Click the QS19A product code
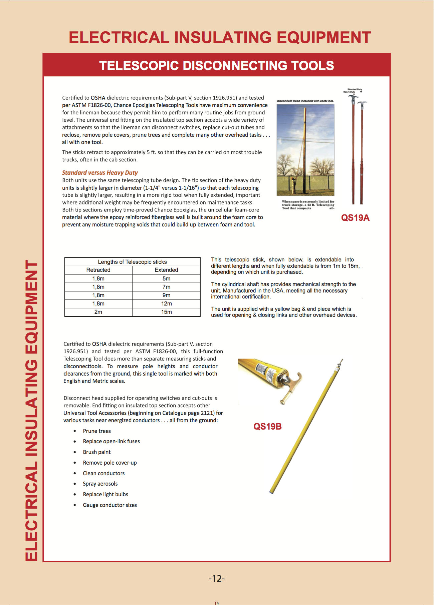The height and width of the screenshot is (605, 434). click(355, 218)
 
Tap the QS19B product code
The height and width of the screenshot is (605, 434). click(267, 427)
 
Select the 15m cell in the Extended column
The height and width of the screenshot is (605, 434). click(166, 312)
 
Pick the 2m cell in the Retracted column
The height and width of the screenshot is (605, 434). click(98, 312)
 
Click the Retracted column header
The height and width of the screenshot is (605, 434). click(98, 270)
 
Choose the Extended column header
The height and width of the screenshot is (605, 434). click(166, 270)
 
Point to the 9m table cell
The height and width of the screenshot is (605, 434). click(166, 295)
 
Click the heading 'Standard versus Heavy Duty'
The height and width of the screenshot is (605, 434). click(100, 172)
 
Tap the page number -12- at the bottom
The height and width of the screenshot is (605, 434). click(217, 578)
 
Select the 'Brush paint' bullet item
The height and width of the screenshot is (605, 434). click(97, 452)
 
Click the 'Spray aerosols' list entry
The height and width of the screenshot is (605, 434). click(100, 484)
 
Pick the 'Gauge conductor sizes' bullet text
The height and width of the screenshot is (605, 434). click(110, 505)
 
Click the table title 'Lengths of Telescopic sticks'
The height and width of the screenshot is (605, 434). click(132, 262)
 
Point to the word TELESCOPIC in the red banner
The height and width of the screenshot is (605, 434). click(139, 66)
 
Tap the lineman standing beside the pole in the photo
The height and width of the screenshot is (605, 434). click(293, 185)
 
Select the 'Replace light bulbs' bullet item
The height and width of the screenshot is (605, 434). click(105, 494)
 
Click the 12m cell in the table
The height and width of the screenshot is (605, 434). click(166, 304)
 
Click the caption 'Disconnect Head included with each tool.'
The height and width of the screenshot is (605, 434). click(305, 101)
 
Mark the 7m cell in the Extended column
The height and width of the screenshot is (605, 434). click(166, 287)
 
